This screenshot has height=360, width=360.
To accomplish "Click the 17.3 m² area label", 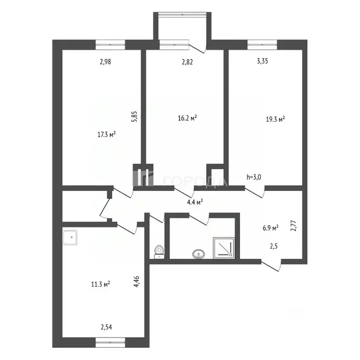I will (106, 134).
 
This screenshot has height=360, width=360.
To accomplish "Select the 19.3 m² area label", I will (275, 119).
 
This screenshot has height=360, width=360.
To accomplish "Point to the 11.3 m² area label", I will (100, 284).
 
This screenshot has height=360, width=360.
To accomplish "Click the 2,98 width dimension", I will (105, 61).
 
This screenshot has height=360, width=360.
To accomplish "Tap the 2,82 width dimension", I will (187, 61).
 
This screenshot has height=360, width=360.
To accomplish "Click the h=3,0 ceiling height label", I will (255, 177).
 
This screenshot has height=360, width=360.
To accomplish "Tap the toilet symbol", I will (159, 252).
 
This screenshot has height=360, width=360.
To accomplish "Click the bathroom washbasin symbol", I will (198, 254).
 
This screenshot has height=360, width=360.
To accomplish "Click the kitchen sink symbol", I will (71, 238).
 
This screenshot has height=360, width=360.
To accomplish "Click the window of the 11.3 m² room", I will (111, 344).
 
